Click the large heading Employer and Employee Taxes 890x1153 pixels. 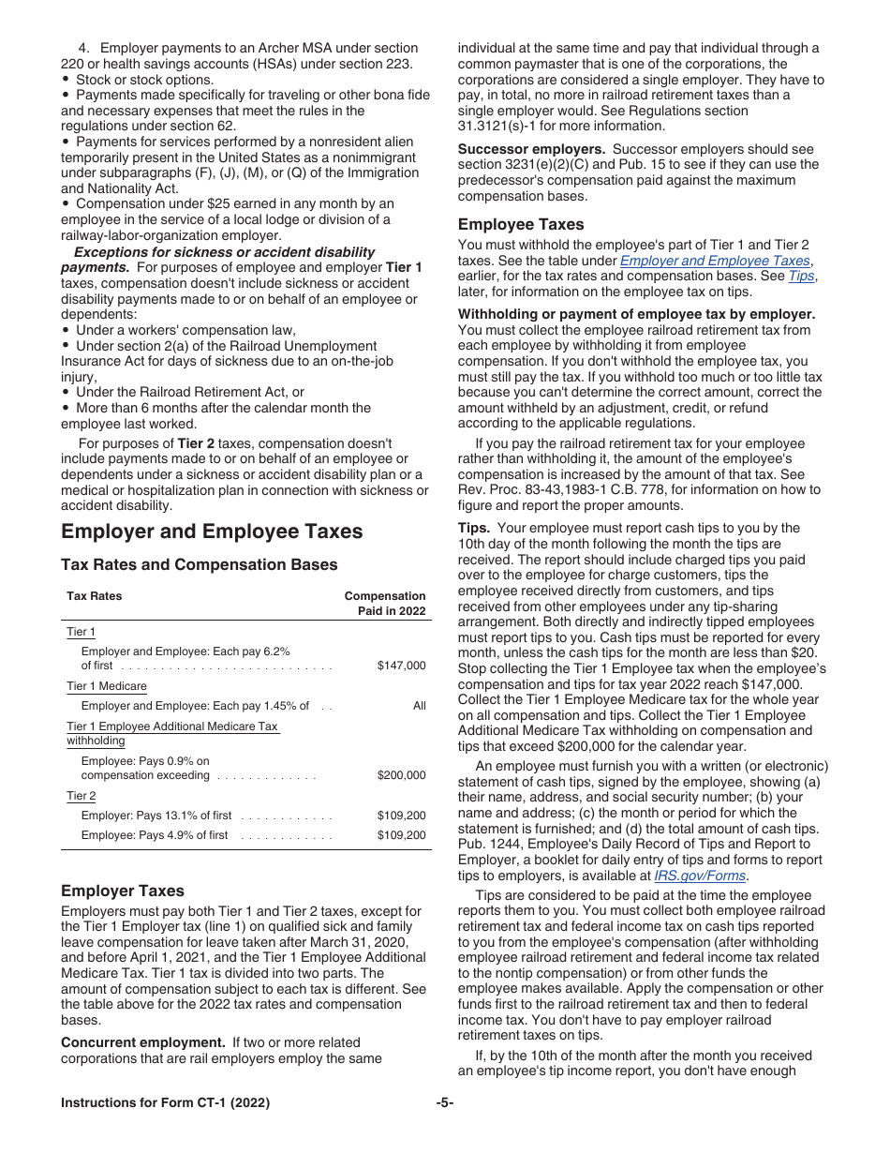(x=211, y=532)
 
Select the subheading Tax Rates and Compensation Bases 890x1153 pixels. (x=199, y=564)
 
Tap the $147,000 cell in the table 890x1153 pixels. (x=401, y=666)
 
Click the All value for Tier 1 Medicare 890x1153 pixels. (x=419, y=706)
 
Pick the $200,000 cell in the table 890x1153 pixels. (x=401, y=775)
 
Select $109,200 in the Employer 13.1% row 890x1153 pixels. (x=401, y=816)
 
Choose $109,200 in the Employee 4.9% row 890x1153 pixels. (x=401, y=835)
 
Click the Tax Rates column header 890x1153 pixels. (x=94, y=596)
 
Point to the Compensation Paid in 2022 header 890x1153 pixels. (x=385, y=604)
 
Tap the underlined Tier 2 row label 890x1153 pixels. (x=81, y=796)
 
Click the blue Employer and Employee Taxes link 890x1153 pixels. (x=716, y=261)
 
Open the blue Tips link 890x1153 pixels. (x=801, y=276)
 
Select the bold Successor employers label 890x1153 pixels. (x=530, y=149)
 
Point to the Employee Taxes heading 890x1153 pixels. (x=520, y=224)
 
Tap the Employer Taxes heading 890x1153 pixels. (x=123, y=891)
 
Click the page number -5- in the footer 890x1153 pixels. (x=444, y=1102)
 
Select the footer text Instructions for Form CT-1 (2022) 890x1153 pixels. (x=165, y=1102)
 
